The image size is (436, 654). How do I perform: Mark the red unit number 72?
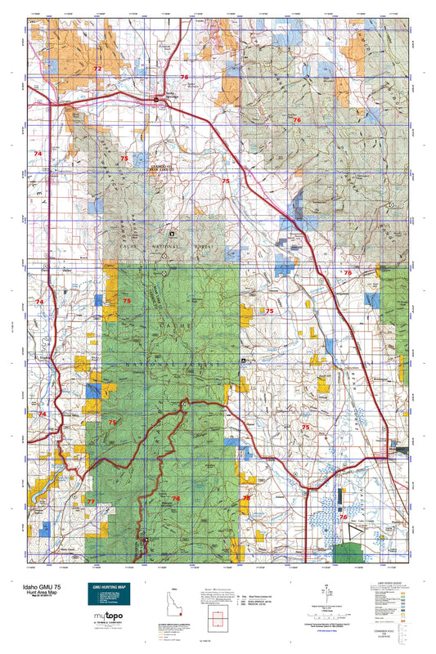click(x=97, y=69)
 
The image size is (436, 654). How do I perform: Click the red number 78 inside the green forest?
click(x=176, y=498)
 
